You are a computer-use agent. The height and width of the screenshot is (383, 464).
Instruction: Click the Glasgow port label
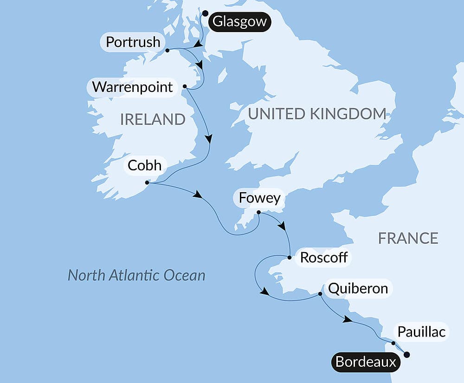(x=239, y=22)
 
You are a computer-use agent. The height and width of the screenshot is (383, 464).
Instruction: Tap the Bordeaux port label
(x=366, y=362)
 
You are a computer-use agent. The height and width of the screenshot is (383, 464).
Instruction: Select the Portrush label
(x=133, y=42)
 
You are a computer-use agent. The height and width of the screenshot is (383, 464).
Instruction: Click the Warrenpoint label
(x=132, y=87)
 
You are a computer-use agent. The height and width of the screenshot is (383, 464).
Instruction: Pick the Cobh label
(x=144, y=166)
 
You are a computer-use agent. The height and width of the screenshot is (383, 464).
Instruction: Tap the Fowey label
(x=259, y=198)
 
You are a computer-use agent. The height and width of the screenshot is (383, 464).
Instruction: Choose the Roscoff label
(x=324, y=257)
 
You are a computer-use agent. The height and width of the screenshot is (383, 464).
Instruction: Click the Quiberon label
(x=358, y=288)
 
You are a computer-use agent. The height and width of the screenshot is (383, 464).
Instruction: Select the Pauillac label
(x=422, y=332)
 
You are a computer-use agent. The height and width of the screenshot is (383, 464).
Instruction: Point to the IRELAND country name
(x=153, y=119)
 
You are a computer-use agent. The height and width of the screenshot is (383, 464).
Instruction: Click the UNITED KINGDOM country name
(x=317, y=114)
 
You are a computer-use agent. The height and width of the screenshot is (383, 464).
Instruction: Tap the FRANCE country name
(x=408, y=238)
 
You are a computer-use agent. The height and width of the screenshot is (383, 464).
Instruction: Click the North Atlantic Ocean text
(x=136, y=275)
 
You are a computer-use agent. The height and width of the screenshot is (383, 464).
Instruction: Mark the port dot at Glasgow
(x=205, y=13)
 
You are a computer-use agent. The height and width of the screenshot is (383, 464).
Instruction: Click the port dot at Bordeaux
(x=407, y=355)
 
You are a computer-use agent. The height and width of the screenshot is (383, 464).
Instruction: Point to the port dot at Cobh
(x=147, y=182)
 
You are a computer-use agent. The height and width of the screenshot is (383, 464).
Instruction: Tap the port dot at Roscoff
(x=289, y=257)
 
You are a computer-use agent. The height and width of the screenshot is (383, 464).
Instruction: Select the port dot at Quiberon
(x=320, y=294)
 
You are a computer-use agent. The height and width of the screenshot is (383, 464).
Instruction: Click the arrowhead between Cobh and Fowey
(x=198, y=195)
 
